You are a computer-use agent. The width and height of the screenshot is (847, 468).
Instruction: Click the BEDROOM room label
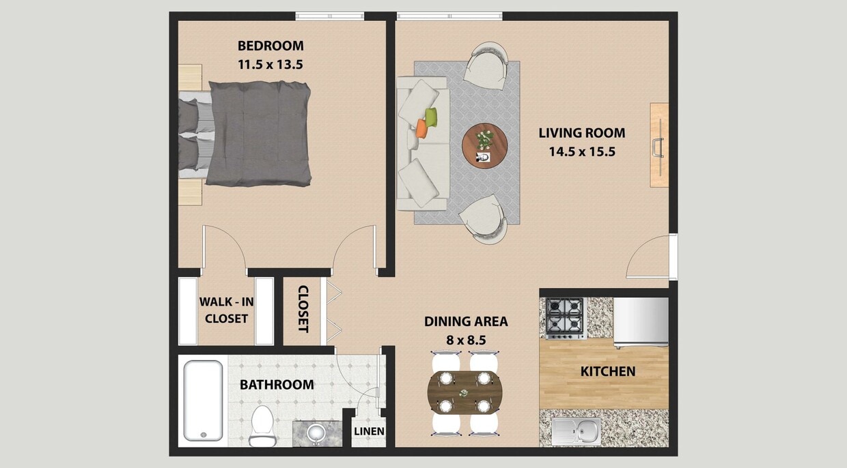tap(270, 46)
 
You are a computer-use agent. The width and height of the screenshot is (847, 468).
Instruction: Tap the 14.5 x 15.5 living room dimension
tap(582, 152)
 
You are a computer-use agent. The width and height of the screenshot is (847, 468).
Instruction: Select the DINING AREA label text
tap(466, 321)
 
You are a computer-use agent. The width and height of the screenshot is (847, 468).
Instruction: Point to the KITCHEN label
tap(607, 372)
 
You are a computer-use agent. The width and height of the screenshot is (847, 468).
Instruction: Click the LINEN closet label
tap(369, 431)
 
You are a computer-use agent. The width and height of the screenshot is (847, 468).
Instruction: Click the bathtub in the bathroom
tap(203, 400)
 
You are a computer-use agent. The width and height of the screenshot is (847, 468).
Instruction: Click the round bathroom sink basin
tap(316, 432)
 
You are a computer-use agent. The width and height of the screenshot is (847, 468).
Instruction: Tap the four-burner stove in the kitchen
tap(566, 318)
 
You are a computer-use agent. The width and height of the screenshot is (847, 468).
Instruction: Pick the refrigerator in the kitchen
tap(641, 321)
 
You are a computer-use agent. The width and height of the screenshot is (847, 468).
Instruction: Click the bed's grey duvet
tap(260, 133)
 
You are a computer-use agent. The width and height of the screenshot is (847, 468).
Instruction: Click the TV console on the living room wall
tap(659, 145)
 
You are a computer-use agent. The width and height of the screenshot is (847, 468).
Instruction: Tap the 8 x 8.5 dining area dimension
tap(466, 339)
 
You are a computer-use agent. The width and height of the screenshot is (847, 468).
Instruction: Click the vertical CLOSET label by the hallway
tap(303, 309)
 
